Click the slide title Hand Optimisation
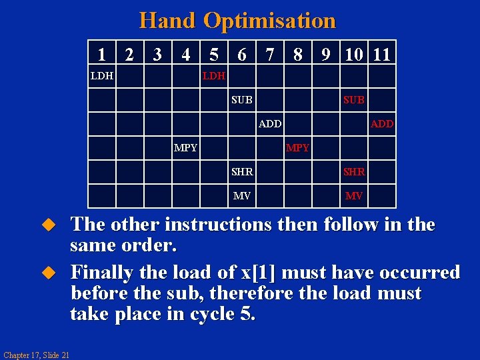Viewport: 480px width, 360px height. [x=237, y=20]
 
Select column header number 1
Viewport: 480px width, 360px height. [x=101, y=53]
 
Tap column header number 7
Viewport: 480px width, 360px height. [x=269, y=53]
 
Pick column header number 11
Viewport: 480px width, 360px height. [x=382, y=53]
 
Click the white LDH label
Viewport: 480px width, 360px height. [x=102, y=76]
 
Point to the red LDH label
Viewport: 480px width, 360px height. [x=214, y=76]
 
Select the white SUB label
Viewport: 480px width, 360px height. [x=241, y=100]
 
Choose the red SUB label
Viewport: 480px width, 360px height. [x=353, y=100]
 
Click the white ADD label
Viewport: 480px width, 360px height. [x=270, y=124]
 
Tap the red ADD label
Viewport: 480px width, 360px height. [x=382, y=124]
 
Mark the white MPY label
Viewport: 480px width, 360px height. [x=185, y=148]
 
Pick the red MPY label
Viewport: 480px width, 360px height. [x=297, y=148]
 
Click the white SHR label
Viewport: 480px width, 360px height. [x=242, y=172]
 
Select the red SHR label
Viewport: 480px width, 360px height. [x=354, y=172]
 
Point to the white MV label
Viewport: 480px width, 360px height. [x=241, y=196]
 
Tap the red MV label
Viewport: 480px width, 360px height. [x=354, y=196]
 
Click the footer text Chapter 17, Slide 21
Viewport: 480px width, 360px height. [x=36, y=353]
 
